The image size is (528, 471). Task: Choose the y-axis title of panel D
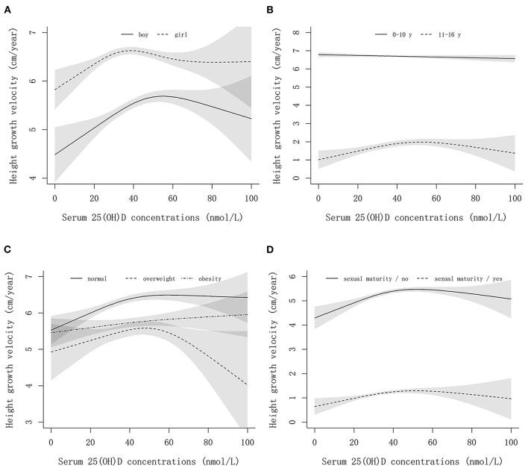[x=280, y=349]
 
